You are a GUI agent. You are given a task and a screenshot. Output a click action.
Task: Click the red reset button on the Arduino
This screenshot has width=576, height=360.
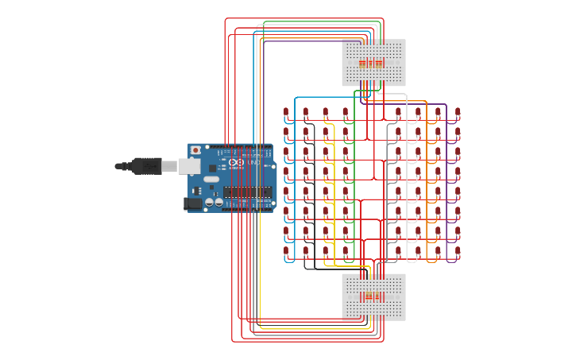(195, 150)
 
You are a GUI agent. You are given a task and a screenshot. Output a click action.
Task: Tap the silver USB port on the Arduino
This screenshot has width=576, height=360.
(189, 166)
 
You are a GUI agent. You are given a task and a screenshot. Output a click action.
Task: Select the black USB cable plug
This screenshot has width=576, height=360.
(146, 166)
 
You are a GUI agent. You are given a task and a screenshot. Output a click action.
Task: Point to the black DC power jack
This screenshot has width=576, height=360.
(192, 203)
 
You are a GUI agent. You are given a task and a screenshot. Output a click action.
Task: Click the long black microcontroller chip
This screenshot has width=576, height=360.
(246, 192)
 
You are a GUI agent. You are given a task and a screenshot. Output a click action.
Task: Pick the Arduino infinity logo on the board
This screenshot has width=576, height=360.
(236, 163)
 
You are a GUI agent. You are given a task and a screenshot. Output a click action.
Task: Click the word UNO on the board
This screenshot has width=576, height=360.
(253, 163)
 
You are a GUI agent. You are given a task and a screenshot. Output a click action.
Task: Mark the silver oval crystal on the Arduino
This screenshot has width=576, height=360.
(211, 180)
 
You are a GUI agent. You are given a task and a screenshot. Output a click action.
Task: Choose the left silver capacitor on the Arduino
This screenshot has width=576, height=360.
(210, 203)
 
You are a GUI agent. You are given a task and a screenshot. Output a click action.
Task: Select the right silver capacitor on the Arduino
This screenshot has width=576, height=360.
(219, 203)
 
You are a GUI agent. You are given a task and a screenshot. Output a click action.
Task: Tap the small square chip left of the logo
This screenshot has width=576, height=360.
(213, 168)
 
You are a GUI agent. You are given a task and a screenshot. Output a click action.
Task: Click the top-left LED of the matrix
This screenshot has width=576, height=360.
(286, 113)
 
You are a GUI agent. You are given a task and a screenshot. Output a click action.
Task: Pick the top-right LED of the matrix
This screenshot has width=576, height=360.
(458, 113)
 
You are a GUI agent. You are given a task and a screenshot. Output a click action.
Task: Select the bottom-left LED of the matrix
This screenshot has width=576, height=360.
(286, 251)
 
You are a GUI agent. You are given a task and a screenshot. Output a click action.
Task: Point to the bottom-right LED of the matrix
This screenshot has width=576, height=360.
(458, 251)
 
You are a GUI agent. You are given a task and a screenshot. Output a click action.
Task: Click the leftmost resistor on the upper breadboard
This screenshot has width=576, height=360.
(361, 63)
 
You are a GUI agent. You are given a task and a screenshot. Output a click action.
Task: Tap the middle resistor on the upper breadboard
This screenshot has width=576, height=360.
(373, 63)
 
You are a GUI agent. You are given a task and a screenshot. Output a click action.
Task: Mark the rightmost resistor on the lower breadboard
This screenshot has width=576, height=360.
(385, 297)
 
